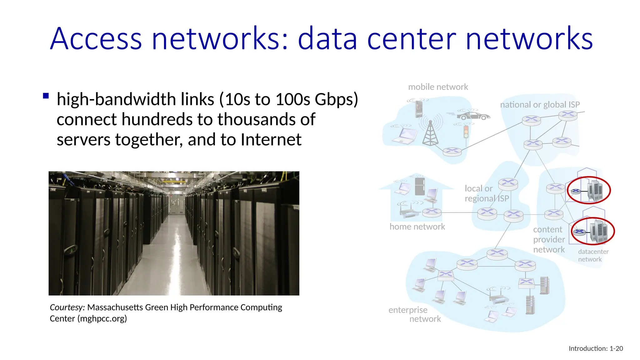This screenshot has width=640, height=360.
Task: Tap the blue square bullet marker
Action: click(x=46, y=96)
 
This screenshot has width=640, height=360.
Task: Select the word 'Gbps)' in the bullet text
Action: click(x=336, y=99)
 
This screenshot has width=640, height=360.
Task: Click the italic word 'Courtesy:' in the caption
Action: click(x=67, y=307)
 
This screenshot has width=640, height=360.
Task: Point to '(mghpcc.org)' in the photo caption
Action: click(x=102, y=319)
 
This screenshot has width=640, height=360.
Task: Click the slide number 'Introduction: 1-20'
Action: click(x=596, y=348)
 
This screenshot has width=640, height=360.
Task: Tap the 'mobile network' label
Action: click(x=438, y=87)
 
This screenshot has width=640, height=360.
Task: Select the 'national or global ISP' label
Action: click(x=540, y=105)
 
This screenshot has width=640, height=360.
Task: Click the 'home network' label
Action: click(x=417, y=227)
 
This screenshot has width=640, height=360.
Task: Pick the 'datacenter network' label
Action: click(x=593, y=255)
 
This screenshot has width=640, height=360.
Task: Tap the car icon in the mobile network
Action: click(x=473, y=116)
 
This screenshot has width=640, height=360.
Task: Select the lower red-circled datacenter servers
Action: click(x=598, y=232)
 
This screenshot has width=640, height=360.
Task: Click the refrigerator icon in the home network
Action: click(x=420, y=186)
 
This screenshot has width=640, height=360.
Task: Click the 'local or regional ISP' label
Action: click(x=486, y=193)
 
